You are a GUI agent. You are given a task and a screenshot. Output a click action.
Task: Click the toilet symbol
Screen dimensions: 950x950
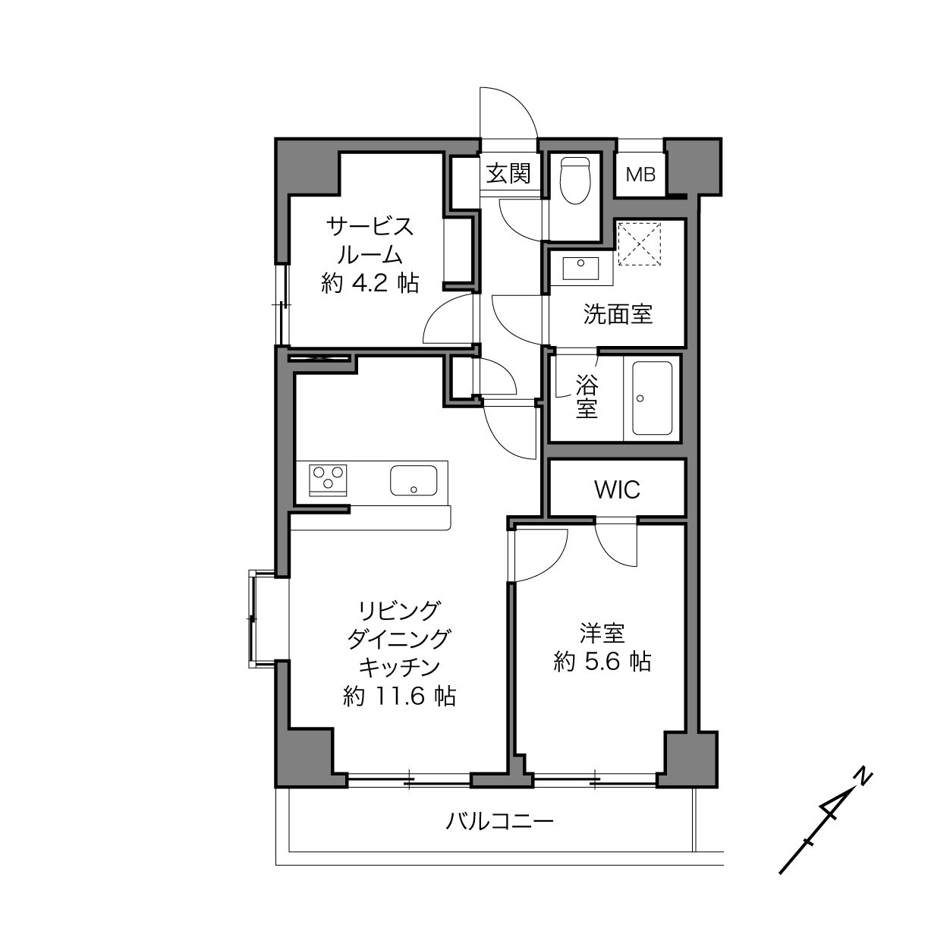coord(575,181)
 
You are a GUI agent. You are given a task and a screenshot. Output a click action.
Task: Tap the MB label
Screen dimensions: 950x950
coord(641,174)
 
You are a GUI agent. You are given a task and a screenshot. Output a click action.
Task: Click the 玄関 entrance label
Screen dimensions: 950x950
coord(508,174)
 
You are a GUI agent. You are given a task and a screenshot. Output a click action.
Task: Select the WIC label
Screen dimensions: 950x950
coord(617,489)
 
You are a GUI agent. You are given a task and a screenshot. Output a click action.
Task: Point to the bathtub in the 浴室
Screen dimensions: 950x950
coord(652,398)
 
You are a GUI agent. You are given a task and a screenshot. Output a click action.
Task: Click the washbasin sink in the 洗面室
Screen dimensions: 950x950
coord(581,269)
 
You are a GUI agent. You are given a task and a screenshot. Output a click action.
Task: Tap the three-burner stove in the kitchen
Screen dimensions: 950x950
coord(328,480)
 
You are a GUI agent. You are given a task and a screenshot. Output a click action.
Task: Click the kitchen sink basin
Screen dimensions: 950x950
coord(414,480)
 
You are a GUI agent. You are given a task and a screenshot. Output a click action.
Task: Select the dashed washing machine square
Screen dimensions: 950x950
coord(639,244)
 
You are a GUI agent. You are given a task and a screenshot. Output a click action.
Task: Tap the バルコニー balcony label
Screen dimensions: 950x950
coord(499,821)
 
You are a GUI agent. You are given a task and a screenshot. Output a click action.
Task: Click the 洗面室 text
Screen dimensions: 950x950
coord(618,314)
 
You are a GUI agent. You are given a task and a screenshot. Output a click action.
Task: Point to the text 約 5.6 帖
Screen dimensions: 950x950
coord(602,662)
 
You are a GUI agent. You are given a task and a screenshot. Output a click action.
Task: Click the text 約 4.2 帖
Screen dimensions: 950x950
coord(370,284)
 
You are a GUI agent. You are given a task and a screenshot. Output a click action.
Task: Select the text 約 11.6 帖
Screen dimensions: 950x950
coord(399,697)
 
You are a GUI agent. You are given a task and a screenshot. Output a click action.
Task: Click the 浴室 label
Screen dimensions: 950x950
coord(587,397)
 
